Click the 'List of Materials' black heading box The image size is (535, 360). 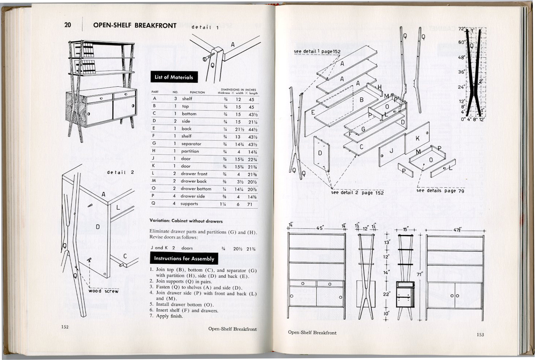point(174,77)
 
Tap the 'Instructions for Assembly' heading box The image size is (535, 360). point(184,259)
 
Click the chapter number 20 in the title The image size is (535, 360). point(68,25)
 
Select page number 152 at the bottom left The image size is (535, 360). point(65,327)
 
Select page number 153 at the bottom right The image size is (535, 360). point(480,334)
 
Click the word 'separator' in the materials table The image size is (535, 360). point(191,144)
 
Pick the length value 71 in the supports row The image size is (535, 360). point(250,204)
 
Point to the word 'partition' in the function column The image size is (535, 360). point(190,151)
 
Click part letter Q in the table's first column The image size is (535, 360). point(154,203)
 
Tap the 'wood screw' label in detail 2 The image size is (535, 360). point(103,291)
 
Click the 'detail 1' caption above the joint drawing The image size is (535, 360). point(205,27)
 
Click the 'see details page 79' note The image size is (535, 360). point(440,190)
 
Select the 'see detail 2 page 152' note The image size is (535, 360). point(357,193)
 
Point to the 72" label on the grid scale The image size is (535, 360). point(461,29)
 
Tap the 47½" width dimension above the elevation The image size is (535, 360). point(457,230)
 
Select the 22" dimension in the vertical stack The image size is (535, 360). point(386,294)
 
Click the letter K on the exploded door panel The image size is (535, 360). point(417,139)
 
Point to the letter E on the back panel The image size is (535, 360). point(313,113)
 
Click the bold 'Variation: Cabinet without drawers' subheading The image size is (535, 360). point(186,221)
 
